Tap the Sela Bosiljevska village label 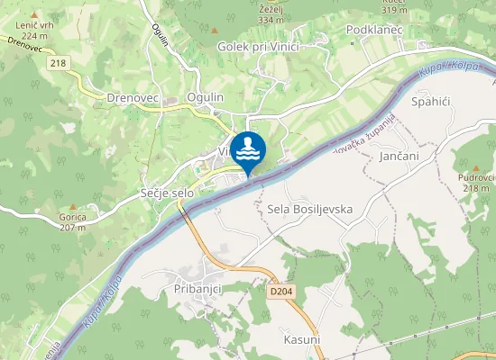309,209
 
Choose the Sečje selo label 167,170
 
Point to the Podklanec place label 373,29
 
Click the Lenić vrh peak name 34,27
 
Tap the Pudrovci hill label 475,177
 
